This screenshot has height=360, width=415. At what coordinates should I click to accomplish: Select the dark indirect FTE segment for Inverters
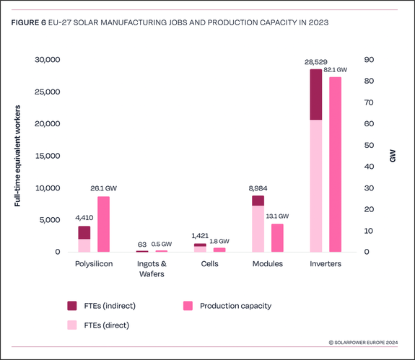tap(315, 95)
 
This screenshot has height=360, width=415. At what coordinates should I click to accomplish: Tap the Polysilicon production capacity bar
tap(104, 224)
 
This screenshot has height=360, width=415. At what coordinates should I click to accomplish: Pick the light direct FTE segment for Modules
tap(258, 229)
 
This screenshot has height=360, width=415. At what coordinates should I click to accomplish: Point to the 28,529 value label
tap(315, 63)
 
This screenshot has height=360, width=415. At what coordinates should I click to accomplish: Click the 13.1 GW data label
tap(277, 216)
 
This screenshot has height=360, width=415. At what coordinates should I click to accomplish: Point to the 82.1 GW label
tap(336, 71)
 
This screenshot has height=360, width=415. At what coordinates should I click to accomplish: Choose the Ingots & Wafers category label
tap(152, 269)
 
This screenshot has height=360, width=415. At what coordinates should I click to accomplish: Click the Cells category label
tap(210, 264)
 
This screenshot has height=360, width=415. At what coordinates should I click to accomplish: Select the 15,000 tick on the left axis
tap(48, 156)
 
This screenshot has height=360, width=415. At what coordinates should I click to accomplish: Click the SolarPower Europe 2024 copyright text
tap(364, 343)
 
